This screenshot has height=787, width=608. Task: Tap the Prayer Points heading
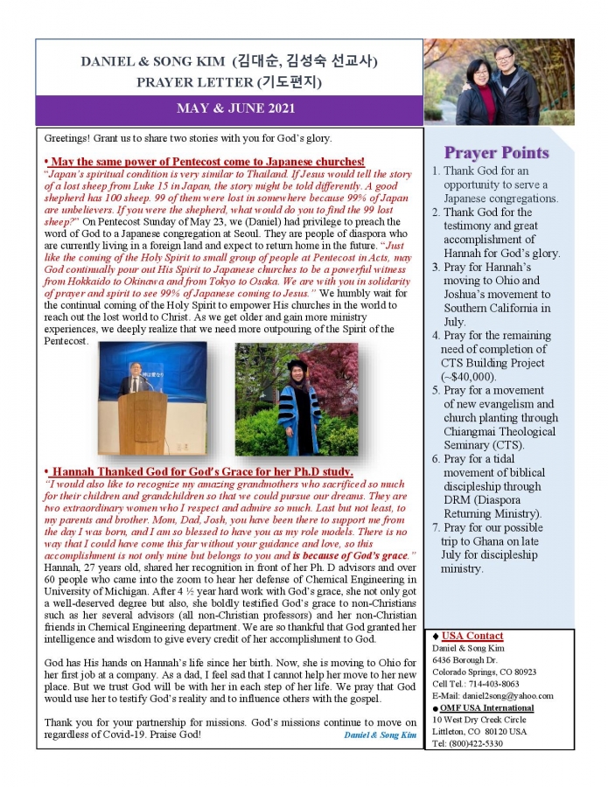point(496,152)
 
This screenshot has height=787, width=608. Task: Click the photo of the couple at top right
point(499,81)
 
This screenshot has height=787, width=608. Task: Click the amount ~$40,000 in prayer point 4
point(473,377)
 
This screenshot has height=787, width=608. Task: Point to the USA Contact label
point(472,636)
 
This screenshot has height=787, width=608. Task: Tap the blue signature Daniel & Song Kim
point(381,735)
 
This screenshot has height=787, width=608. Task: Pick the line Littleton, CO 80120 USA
point(480,731)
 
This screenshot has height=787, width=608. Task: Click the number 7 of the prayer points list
point(435,528)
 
